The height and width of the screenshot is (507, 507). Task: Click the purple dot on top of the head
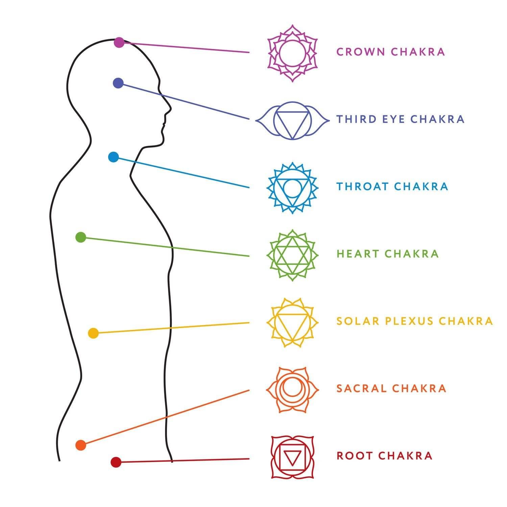coord(119,43)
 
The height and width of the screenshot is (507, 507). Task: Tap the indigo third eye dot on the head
coord(118,83)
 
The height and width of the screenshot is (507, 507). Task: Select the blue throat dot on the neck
coord(113,157)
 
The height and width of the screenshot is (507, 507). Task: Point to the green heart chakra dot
coord(81,237)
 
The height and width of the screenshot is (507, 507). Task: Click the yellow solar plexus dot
coord(93,333)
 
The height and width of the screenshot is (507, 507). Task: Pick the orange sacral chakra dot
coord(81,445)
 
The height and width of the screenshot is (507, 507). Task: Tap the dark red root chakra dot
coord(116,462)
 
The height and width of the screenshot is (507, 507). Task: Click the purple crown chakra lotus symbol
coord(292,53)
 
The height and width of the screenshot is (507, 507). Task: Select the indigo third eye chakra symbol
coord(292,120)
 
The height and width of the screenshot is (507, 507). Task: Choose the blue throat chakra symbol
coord(292,188)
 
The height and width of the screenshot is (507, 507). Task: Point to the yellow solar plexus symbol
coord(292,322)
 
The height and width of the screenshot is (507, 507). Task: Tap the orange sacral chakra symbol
coord(292,390)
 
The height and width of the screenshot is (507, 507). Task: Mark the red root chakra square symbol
coord(292,457)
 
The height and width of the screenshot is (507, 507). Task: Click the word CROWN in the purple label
coord(361,52)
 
